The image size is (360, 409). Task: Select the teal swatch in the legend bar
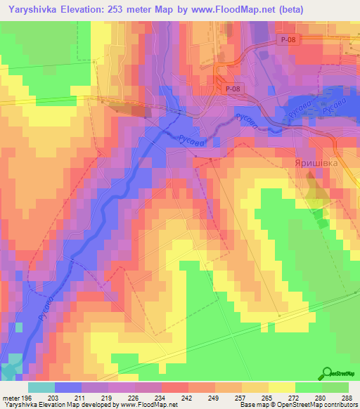(41, 387)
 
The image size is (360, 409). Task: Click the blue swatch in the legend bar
(68, 387)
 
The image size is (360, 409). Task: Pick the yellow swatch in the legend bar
(282, 387)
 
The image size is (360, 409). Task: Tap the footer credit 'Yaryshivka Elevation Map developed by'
(49, 405)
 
